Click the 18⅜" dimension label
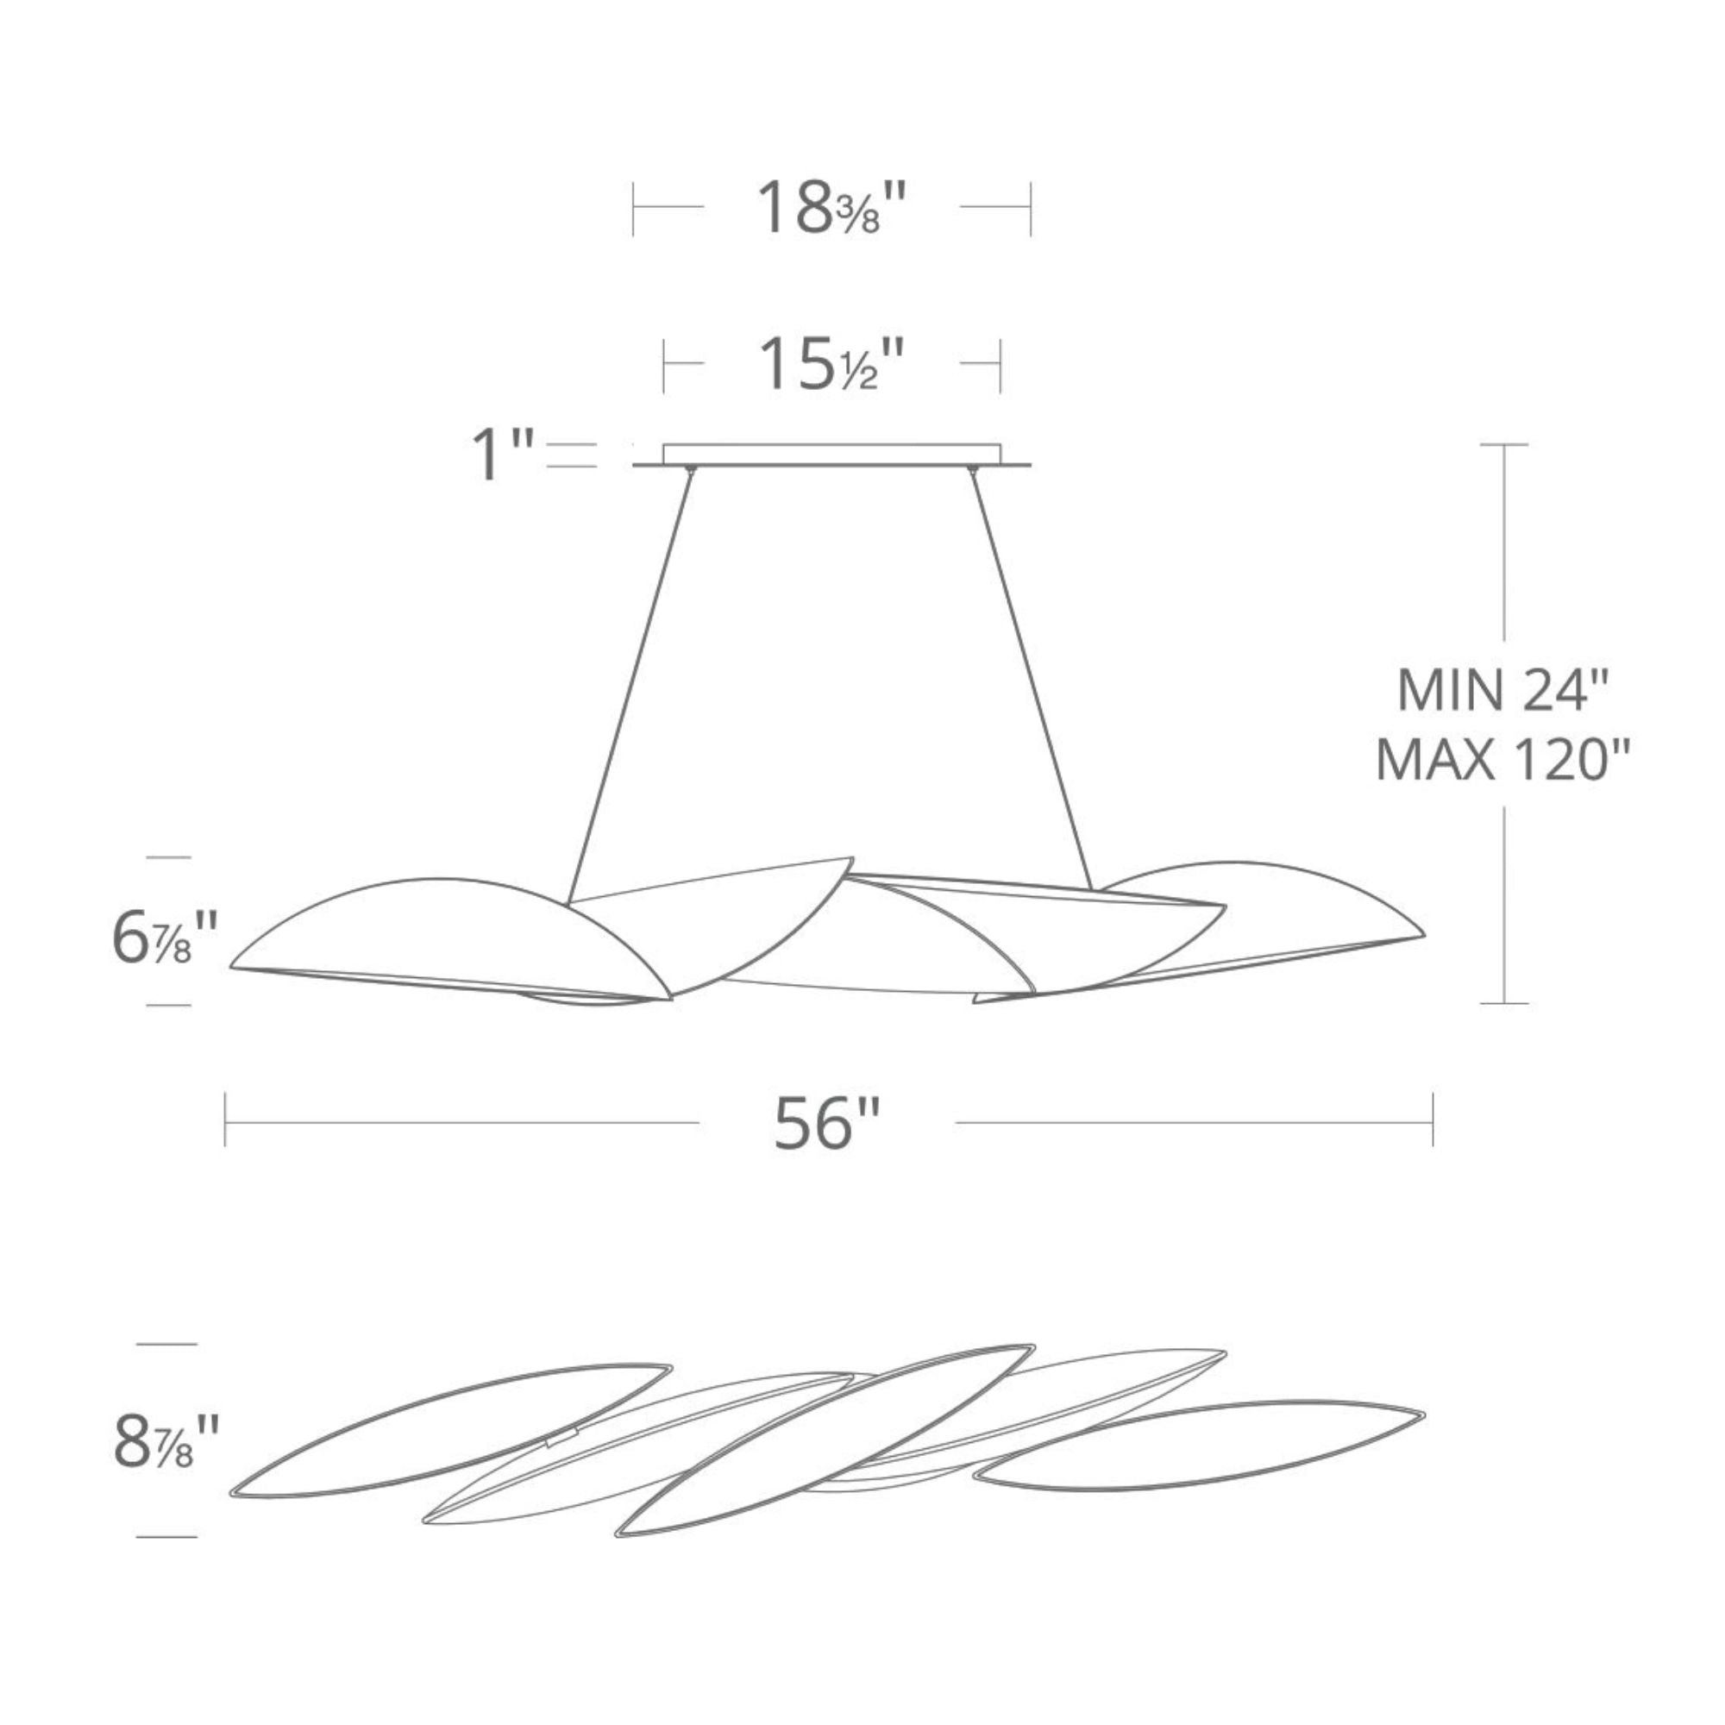point(831,209)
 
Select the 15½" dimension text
point(831,364)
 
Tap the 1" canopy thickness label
point(501,455)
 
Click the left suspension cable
point(630,684)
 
